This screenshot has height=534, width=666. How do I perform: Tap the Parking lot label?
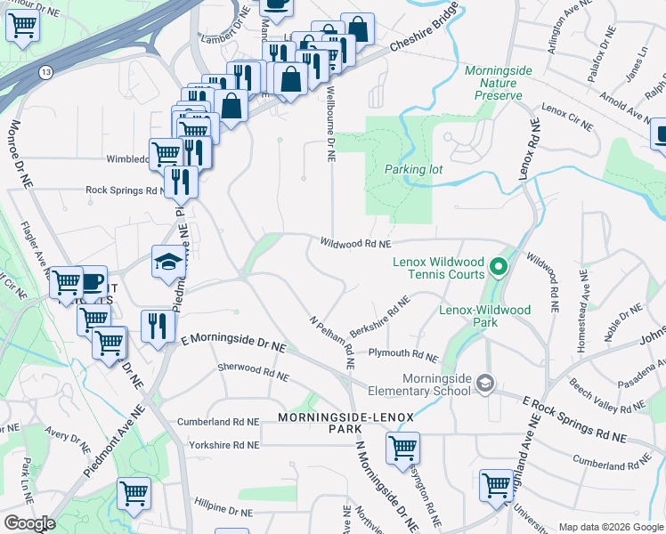point(413,169)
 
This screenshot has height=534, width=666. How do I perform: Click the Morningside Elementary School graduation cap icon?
point(485,383)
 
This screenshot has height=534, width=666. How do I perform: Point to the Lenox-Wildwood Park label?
point(485,316)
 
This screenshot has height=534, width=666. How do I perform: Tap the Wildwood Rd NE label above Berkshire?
point(356,243)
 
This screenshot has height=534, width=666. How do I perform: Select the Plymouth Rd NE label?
point(403,356)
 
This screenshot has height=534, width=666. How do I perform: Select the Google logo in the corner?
point(28,523)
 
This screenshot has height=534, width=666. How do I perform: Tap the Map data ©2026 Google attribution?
point(611,527)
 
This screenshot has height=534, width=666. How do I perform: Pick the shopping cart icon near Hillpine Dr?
point(134,491)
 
